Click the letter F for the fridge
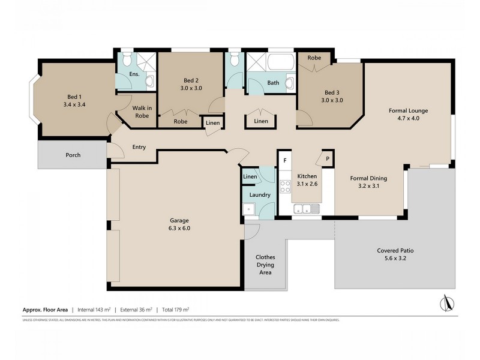(x=285, y=160)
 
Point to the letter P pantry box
(x=328, y=159)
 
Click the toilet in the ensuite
(x=126, y=59)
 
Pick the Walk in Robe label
(x=141, y=112)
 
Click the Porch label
(x=73, y=155)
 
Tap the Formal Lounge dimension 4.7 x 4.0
(x=408, y=119)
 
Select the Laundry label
(x=260, y=195)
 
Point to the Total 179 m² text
(x=175, y=310)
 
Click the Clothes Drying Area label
(x=265, y=264)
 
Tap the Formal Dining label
(x=368, y=178)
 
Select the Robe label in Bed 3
(x=314, y=58)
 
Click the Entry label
(x=139, y=147)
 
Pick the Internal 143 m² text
(x=94, y=310)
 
